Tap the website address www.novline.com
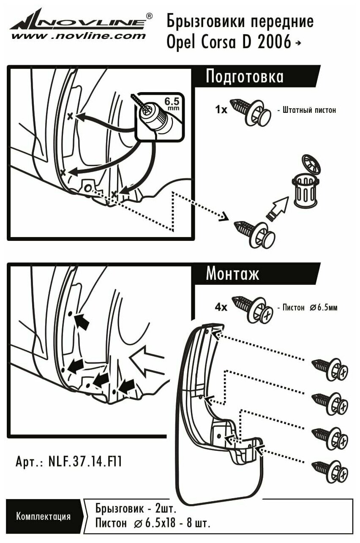(78, 36)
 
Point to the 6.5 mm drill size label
(172, 104)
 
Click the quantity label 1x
(221, 110)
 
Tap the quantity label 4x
(221, 307)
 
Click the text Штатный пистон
(307, 110)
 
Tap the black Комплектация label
(43, 516)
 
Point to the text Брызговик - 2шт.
(135, 508)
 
